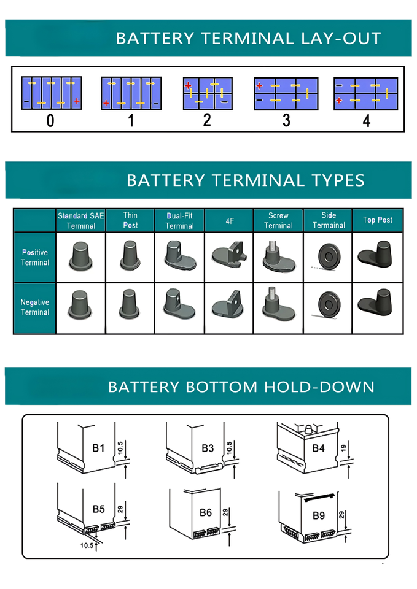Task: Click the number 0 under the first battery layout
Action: click(50, 120)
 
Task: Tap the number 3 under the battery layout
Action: click(286, 120)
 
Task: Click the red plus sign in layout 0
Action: click(76, 101)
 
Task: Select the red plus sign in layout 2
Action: click(188, 85)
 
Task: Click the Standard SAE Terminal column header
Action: click(81, 220)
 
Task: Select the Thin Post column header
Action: click(130, 220)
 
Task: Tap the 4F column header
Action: click(229, 220)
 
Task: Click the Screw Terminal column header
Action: click(278, 220)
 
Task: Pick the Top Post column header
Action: click(377, 220)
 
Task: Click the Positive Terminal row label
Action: click(34, 257)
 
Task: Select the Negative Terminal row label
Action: click(34, 307)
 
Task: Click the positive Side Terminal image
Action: click(328, 257)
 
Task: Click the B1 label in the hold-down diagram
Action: click(98, 448)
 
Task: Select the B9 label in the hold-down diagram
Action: click(318, 515)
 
